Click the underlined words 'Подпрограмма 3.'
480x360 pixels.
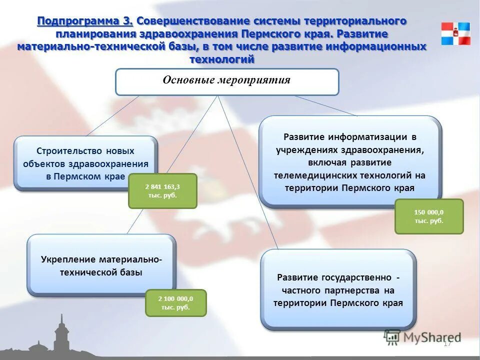(x=85, y=21)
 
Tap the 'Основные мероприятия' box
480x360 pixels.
(x=227, y=81)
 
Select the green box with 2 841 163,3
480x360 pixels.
(x=162, y=190)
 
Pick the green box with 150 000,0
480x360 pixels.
(x=429, y=216)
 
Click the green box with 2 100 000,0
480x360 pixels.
(x=175, y=302)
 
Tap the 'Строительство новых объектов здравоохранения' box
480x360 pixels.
(x=85, y=163)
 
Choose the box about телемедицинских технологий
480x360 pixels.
(x=349, y=162)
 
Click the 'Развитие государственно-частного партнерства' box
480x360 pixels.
(x=338, y=290)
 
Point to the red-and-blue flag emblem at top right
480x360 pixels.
(x=455, y=33)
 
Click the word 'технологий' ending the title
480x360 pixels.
(x=222, y=59)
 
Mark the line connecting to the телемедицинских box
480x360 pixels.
(x=325, y=105)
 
